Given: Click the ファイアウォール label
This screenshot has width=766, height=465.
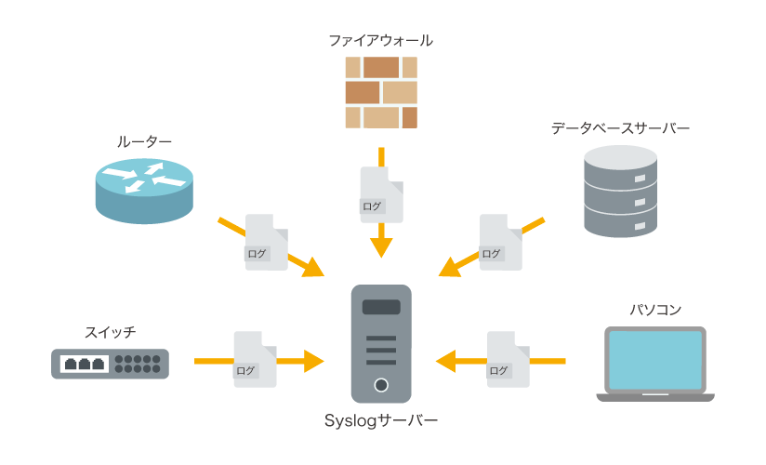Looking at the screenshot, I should click(x=381, y=41).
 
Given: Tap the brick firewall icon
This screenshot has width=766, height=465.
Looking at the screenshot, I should click(x=381, y=92).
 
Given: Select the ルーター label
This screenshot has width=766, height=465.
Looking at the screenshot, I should click(x=144, y=140).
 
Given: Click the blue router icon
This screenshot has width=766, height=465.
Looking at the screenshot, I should click(x=144, y=189).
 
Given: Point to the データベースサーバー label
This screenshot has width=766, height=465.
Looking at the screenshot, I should click(x=620, y=128).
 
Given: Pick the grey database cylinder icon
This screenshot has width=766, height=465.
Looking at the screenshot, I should click(x=620, y=193).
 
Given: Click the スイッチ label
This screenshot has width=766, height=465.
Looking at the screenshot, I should click(x=110, y=331).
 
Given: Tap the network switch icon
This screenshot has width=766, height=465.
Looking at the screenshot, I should click(x=110, y=364).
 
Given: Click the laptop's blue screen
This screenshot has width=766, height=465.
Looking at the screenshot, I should click(x=654, y=359).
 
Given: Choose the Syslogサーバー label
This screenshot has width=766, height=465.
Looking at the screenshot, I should click(x=381, y=420).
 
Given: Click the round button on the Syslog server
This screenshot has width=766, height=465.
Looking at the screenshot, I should click(x=380, y=385).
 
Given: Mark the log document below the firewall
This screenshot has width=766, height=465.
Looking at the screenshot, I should click(x=381, y=195).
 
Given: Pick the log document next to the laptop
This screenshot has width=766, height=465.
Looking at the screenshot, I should click(x=507, y=359).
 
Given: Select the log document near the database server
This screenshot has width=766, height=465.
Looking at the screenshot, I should click(x=499, y=243).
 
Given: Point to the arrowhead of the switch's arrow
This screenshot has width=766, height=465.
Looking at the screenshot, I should click(x=314, y=360).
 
